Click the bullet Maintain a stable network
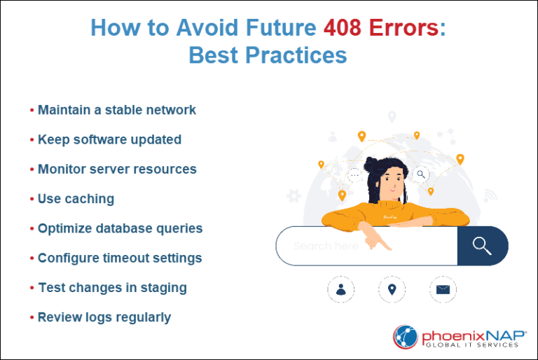(116, 110)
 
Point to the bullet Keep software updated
(109, 139)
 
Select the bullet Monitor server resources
(117, 169)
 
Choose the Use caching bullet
(76, 199)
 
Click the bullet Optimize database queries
(120, 228)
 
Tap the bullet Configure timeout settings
(120, 258)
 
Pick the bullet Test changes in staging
(112, 287)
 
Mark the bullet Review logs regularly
(104, 317)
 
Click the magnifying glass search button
(482, 246)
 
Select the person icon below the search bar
(341, 289)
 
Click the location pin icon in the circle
(392, 289)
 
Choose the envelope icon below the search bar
(442, 289)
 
